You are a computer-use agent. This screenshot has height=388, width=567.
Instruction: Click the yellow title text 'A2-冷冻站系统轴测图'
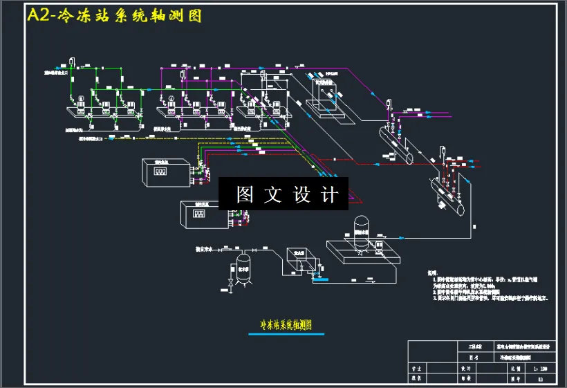click(114, 15)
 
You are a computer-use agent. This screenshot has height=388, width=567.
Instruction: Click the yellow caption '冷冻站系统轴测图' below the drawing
click(286, 324)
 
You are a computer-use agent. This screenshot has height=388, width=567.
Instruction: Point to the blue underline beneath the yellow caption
click(286, 334)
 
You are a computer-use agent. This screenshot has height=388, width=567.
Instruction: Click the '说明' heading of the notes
click(431, 272)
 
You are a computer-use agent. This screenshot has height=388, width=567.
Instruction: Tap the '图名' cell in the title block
click(474, 358)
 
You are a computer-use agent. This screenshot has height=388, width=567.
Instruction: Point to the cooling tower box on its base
click(324, 92)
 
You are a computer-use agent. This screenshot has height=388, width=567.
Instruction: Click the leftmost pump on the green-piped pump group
click(80, 104)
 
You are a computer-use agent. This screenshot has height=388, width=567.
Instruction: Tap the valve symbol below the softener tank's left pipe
click(229, 284)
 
